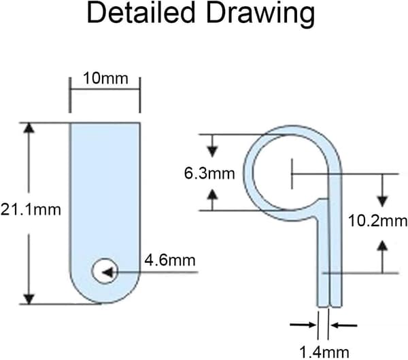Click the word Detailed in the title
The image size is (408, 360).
(141, 12)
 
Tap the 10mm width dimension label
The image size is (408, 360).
(105, 78)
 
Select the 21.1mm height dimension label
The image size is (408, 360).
(31, 209)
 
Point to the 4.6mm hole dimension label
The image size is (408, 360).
(170, 260)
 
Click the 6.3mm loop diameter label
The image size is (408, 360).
(209, 173)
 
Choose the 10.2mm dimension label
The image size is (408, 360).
(377, 221)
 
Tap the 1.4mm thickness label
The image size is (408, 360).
(324, 353)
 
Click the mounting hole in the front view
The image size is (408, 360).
(105, 271)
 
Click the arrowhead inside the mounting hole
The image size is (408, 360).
(108, 272)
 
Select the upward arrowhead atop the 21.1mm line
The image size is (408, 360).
(30, 128)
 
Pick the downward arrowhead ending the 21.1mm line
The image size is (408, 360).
(29, 299)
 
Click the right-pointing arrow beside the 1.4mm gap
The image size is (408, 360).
(303, 325)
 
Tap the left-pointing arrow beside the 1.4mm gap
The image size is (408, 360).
(344, 325)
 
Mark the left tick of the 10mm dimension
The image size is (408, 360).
(70, 95)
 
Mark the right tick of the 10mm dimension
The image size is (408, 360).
(140, 95)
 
